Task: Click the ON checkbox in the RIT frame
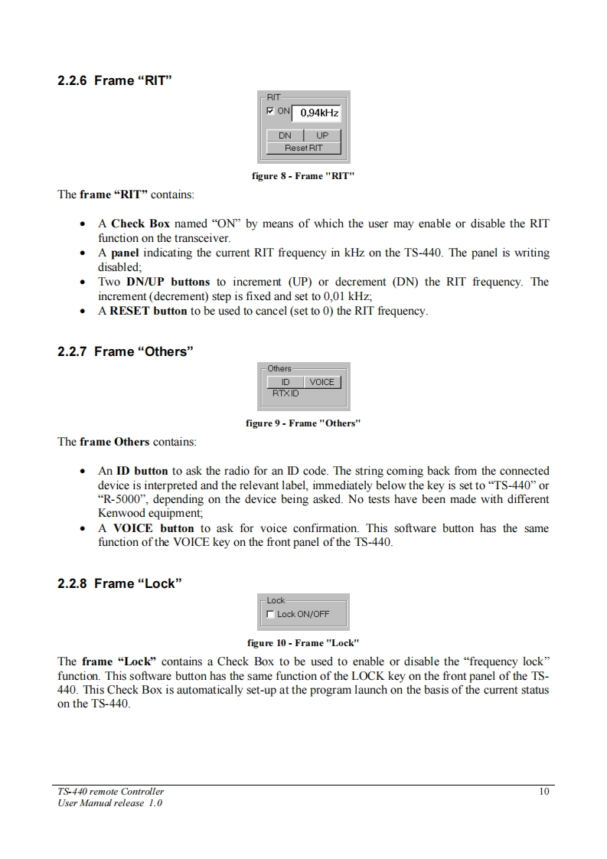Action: (x=271, y=112)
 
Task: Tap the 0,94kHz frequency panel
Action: (x=319, y=113)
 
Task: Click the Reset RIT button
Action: (x=304, y=148)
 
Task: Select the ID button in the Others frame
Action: (x=286, y=382)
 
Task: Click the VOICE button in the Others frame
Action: (x=322, y=382)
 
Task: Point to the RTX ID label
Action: (x=286, y=394)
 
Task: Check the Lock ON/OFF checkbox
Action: (x=270, y=614)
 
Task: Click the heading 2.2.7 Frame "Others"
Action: (x=126, y=352)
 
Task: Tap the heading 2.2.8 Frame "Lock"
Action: (x=119, y=583)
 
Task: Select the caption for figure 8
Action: (x=303, y=176)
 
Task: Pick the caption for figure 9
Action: (x=303, y=423)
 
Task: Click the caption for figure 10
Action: (x=303, y=643)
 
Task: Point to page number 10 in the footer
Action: (x=543, y=792)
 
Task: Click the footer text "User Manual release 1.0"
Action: (x=110, y=803)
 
